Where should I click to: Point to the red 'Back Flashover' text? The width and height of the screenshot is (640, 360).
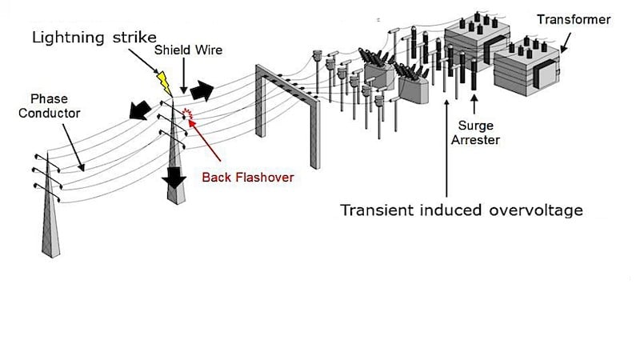247,178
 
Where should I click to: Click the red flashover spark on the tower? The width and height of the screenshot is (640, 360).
190,114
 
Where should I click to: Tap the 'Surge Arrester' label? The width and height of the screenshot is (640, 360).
478,133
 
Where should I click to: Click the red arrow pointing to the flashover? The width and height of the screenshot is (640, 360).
211,143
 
